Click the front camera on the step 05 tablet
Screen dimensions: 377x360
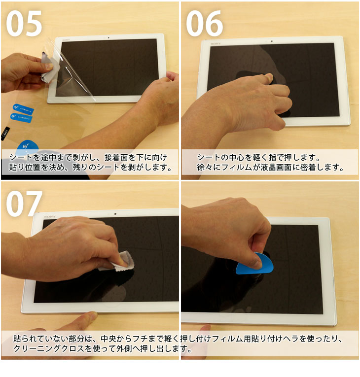click(108, 37)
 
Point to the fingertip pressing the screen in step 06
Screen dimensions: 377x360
click(269, 77)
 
